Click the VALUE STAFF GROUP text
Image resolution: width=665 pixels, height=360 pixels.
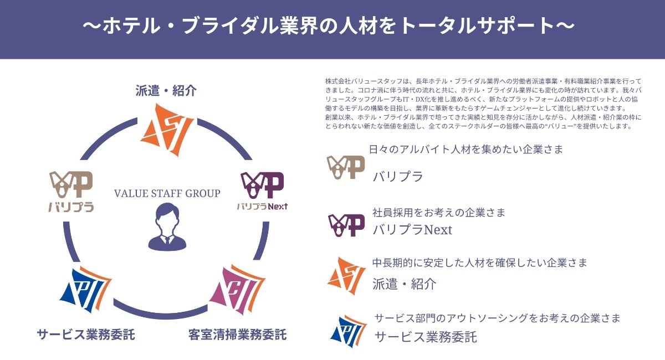(x=167, y=193)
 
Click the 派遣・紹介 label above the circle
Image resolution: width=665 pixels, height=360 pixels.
(x=166, y=91)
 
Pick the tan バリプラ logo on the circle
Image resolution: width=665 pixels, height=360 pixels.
(x=71, y=192)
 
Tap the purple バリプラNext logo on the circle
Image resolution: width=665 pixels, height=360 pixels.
(x=262, y=191)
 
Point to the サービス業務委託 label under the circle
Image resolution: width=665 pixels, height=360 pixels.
(x=86, y=335)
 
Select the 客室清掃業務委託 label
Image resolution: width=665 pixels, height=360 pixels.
(x=237, y=335)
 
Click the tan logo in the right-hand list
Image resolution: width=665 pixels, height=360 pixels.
(x=345, y=167)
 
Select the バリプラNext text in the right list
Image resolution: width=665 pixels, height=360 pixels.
(x=412, y=229)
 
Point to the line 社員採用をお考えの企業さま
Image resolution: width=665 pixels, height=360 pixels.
(x=439, y=212)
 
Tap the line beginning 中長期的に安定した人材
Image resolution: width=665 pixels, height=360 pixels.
(x=479, y=263)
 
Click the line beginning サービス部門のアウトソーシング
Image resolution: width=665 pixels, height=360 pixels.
(x=497, y=318)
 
